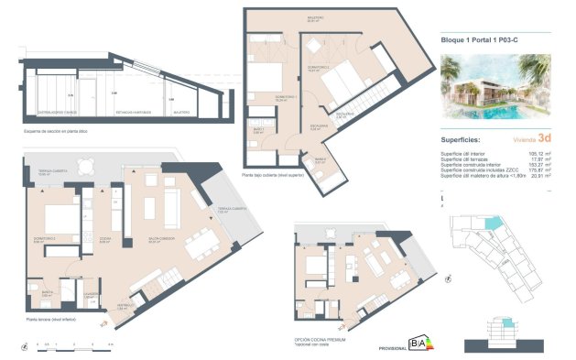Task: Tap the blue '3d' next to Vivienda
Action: click(x=545, y=139)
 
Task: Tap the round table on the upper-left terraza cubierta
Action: click(x=84, y=166)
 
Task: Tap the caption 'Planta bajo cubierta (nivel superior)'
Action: click(x=274, y=173)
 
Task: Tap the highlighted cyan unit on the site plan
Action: click(x=495, y=224)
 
